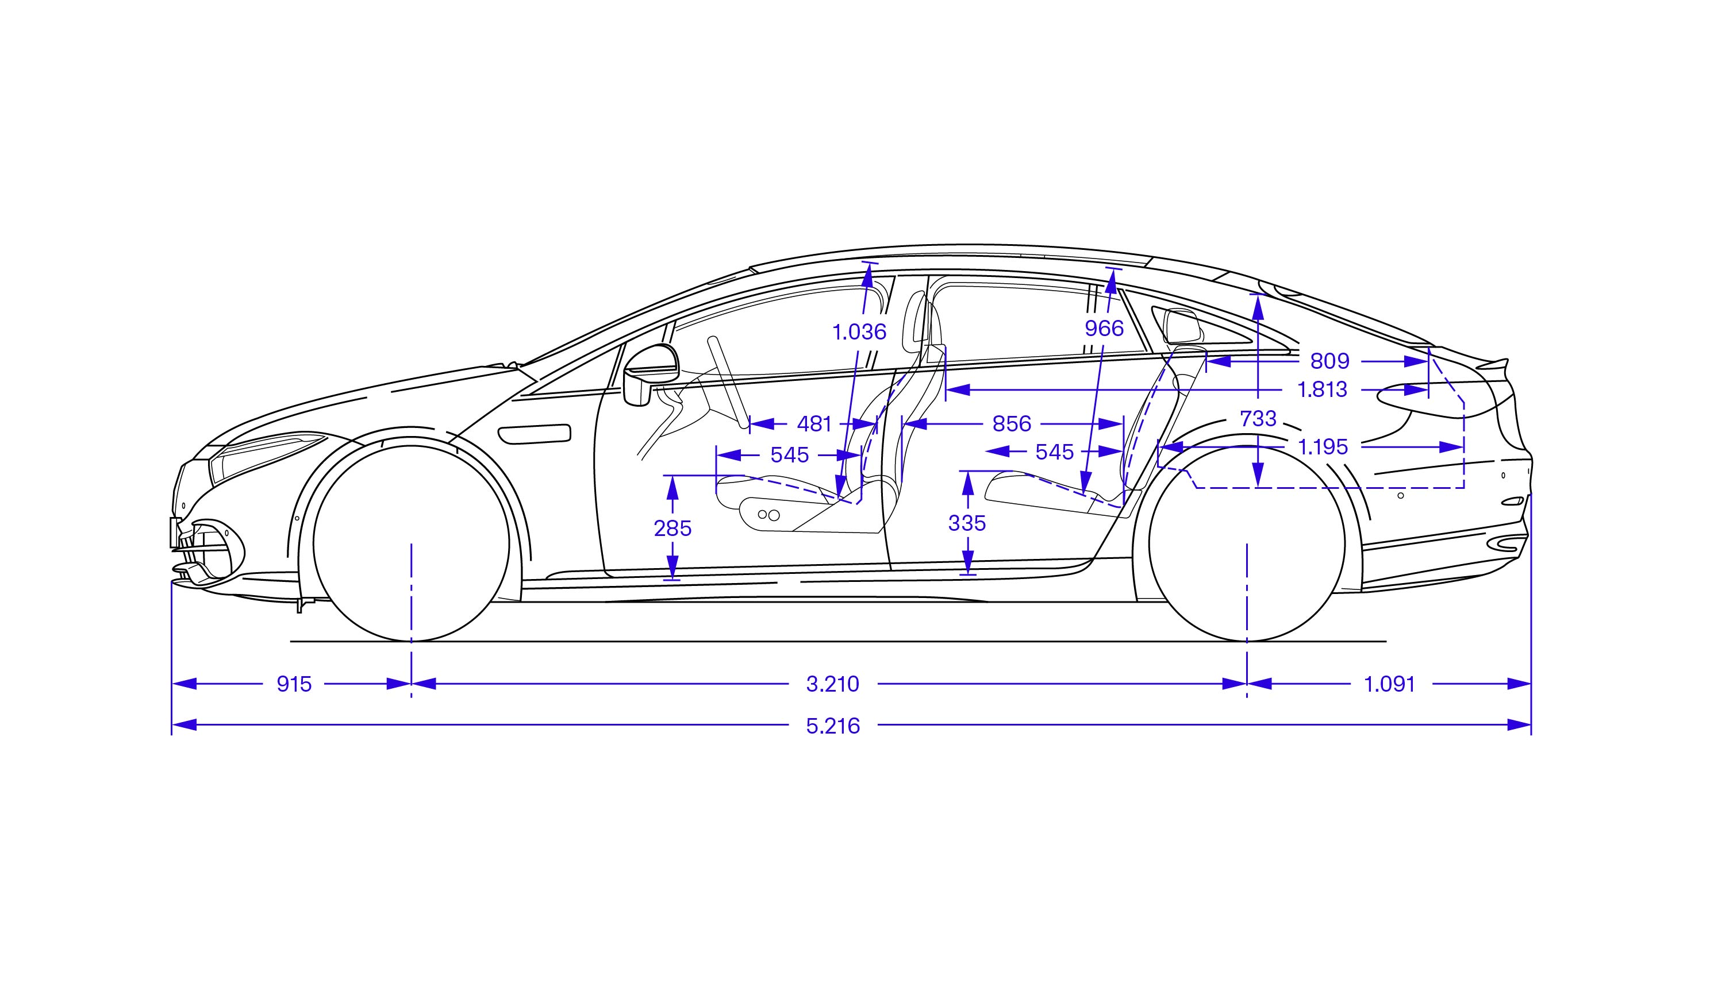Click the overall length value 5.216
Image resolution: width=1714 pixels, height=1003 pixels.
pyautogui.click(x=833, y=726)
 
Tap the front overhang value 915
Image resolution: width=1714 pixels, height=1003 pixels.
pyautogui.click(x=294, y=684)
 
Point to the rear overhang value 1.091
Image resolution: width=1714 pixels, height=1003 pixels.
pyautogui.click(x=1390, y=684)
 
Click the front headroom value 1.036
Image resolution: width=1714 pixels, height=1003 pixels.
pyautogui.click(x=860, y=332)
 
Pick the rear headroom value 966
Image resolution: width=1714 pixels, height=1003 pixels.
pyautogui.click(x=1105, y=329)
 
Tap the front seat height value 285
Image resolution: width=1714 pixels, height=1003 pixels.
pyautogui.click(x=672, y=528)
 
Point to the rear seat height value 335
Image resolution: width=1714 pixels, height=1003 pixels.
pyautogui.click(x=967, y=523)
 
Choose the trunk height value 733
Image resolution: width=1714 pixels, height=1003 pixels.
pyautogui.click(x=1258, y=418)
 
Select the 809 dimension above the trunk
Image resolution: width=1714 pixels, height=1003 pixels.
pyautogui.click(x=1329, y=361)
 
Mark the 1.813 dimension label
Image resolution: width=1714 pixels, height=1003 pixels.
pyautogui.click(x=1322, y=389)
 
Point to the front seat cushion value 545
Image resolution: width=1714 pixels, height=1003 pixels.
pyautogui.click(x=790, y=455)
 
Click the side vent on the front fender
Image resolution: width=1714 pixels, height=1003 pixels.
pyautogui.click(x=535, y=434)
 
